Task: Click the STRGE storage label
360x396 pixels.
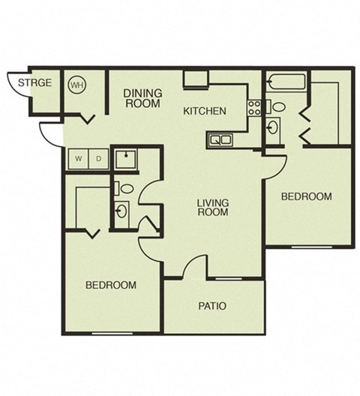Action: (35, 82)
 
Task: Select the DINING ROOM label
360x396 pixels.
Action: (142, 98)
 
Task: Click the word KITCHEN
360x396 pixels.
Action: (205, 111)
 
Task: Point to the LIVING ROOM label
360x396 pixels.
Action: (213, 208)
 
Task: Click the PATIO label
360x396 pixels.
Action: (213, 306)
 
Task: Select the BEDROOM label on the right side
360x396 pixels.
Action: (306, 196)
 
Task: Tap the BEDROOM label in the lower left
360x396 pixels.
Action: (110, 285)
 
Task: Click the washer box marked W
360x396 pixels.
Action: (77, 158)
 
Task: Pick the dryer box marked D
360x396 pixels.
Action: (97, 158)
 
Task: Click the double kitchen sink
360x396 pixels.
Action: (220, 139)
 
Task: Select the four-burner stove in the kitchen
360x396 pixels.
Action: (254, 106)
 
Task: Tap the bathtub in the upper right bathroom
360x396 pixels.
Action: (284, 83)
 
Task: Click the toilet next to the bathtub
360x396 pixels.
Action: (276, 106)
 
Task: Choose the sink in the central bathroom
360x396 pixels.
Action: (121, 211)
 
